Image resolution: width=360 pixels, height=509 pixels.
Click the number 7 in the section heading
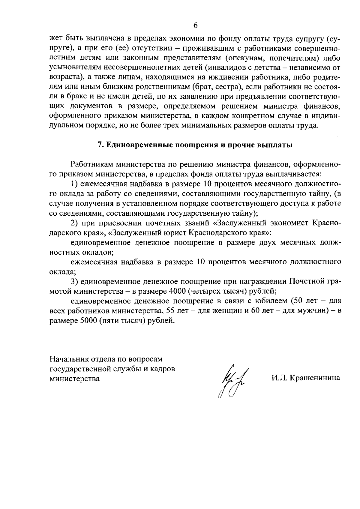(100, 145)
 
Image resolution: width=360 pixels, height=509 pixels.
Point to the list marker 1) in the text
(74, 184)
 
